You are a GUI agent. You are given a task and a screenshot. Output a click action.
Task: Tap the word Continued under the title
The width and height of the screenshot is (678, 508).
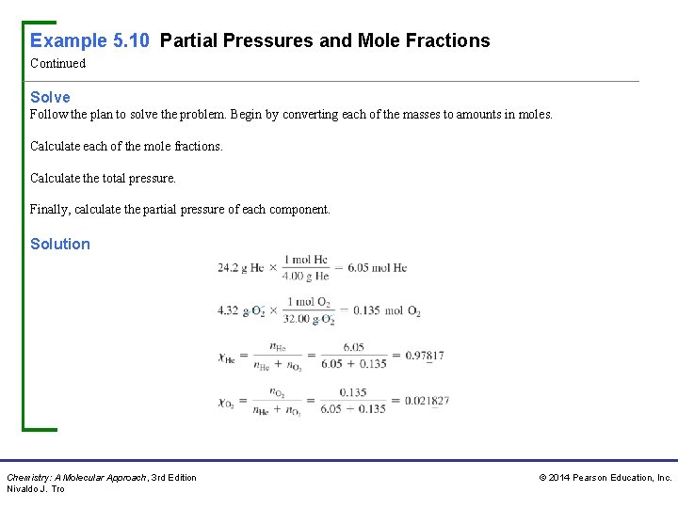coord(57,64)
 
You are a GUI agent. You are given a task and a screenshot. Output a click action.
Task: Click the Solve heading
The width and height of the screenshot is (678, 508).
coord(50,97)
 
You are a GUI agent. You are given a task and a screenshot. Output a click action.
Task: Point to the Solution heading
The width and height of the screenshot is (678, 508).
coord(60,244)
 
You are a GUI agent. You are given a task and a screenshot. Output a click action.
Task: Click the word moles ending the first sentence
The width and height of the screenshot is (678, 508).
coord(534,115)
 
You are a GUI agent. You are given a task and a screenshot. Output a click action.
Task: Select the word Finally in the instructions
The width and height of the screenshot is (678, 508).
coord(50,210)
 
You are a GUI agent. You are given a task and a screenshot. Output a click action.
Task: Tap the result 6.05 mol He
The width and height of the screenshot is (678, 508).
coord(377,267)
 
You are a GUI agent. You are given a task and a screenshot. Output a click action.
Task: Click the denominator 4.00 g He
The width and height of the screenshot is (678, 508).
coord(306,276)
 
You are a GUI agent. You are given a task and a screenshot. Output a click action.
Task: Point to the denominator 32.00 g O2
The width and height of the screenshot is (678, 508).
coord(308,319)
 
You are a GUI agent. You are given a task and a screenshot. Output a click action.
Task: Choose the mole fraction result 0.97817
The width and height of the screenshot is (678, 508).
coord(424,356)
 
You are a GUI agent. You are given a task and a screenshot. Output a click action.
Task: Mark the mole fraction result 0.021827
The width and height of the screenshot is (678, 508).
coord(427,401)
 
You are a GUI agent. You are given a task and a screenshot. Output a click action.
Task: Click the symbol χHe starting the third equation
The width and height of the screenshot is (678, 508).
coord(226,357)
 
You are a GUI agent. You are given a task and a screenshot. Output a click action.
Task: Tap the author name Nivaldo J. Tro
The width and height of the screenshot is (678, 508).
coord(36,489)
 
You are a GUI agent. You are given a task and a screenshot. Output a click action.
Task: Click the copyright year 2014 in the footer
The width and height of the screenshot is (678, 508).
coord(560,478)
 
